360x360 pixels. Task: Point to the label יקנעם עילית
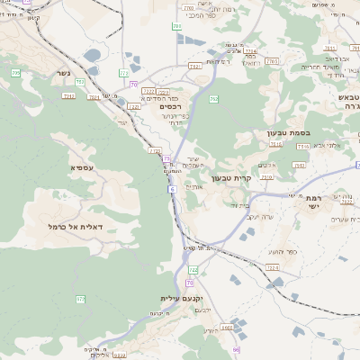click(x=183, y=298)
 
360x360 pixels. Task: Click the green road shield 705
click(x=15, y=72)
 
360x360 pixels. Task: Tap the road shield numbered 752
click(x=80, y=83)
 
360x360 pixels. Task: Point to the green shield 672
click(x=80, y=299)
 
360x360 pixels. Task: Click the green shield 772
click(x=123, y=72)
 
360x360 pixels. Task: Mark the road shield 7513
click(x=302, y=145)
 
